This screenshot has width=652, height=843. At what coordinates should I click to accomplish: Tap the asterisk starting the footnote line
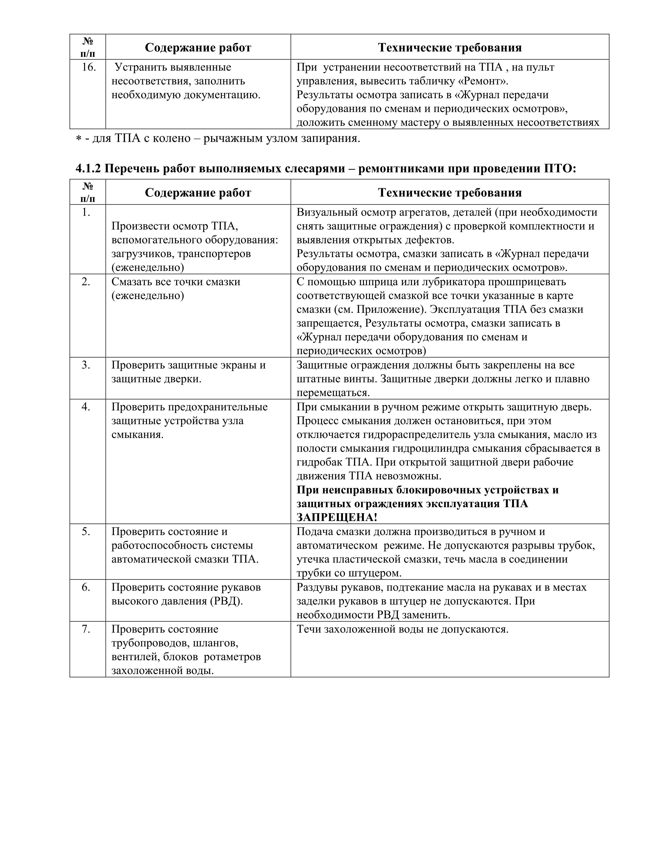tap(78, 139)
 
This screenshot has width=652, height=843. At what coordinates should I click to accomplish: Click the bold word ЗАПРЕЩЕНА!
tap(337, 517)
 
